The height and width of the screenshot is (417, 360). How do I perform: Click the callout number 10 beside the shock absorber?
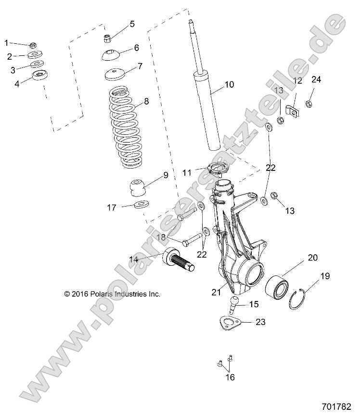229,85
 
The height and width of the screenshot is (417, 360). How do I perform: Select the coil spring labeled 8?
124,127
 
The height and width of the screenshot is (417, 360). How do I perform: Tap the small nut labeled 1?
33,45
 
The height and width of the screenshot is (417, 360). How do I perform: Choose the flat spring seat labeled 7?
114,75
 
